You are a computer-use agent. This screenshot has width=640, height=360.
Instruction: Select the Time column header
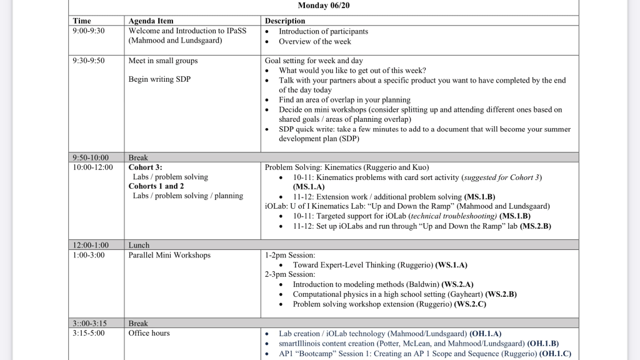82,21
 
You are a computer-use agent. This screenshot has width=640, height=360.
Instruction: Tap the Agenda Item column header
151,21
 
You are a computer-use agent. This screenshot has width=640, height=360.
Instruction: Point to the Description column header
285,21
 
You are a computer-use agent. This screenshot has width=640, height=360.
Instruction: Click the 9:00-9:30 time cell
89,31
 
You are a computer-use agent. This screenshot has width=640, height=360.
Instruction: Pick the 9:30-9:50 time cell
89,61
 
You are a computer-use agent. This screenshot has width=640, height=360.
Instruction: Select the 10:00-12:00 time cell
93,167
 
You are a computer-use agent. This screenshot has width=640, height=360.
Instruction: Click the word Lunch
139,246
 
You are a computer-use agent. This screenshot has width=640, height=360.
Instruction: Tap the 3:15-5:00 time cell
89,333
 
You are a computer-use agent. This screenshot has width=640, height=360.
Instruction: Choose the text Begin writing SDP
159,79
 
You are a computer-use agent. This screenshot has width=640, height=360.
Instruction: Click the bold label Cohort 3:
145,167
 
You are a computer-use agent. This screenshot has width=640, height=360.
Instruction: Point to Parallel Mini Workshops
169,255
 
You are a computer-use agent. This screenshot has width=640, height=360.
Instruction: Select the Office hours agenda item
149,333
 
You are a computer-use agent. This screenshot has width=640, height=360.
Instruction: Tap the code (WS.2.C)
470,304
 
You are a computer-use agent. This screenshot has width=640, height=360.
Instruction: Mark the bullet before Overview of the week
267,42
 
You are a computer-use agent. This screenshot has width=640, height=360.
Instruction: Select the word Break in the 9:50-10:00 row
138,158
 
